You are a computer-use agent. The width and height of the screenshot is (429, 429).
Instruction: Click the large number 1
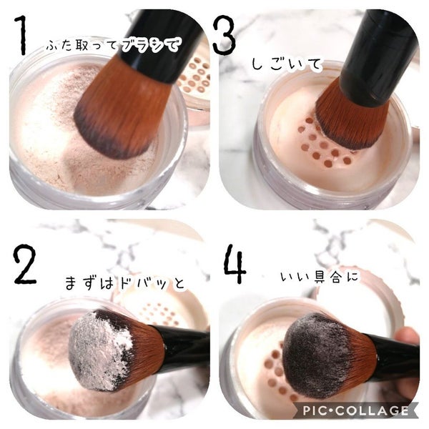click(x=22, y=35)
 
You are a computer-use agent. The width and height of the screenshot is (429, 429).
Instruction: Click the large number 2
click(x=24, y=265)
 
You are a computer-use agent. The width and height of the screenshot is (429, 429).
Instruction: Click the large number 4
click(x=235, y=263)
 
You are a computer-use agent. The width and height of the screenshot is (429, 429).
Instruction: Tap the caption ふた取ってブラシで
click(x=113, y=44)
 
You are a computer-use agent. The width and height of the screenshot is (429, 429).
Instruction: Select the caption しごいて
click(x=287, y=64)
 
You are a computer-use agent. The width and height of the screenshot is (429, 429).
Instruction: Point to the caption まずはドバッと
click(x=125, y=282)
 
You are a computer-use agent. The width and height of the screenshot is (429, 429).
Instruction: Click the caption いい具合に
click(x=320, y=277)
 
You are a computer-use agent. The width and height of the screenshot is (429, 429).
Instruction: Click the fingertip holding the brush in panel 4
click(x=407, y=339)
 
